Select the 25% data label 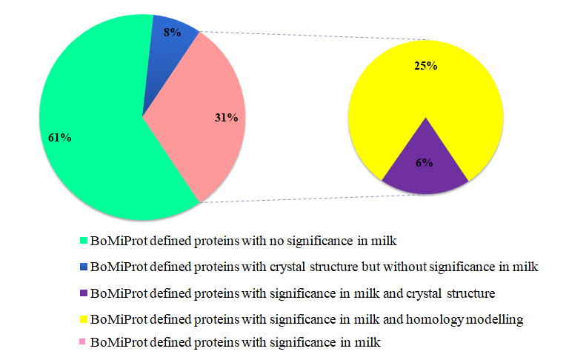[x=425, y=66]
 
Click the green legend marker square [x=83, y=241]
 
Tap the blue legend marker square [x=83, y=267]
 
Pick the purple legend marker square [x=83, y=293]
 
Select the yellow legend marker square [x=83, y=319]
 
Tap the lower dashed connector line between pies [x=311, y=199]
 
